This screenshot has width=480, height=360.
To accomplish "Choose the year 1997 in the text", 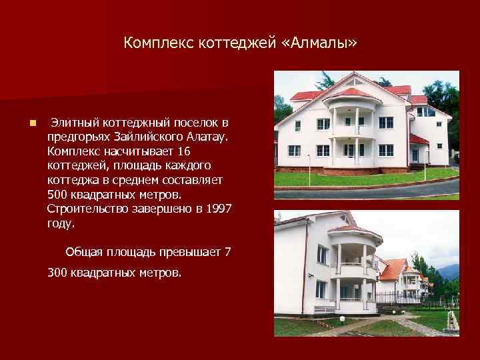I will (x=218, y=209).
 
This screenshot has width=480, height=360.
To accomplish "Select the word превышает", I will (x=189, y=251).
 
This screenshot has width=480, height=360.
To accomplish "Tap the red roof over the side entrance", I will (x=418, y=139).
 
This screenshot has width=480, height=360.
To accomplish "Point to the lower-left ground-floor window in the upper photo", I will (x=294, y=151).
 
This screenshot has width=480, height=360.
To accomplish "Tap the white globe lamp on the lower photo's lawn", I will (x=342, y=319).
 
